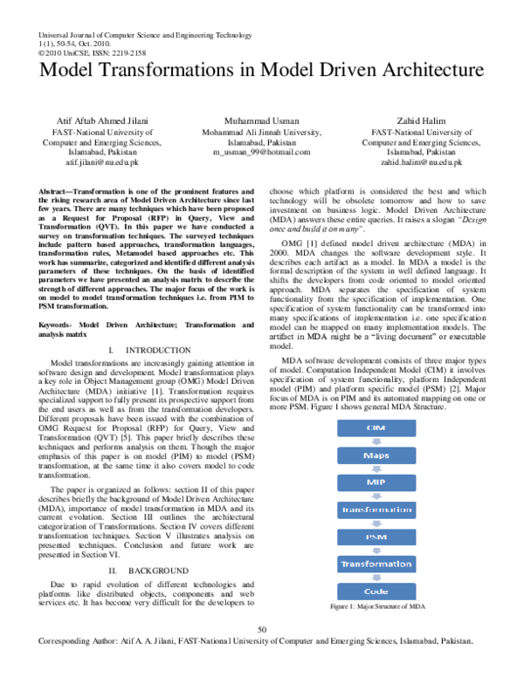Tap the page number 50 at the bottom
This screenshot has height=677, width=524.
point(262,630)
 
